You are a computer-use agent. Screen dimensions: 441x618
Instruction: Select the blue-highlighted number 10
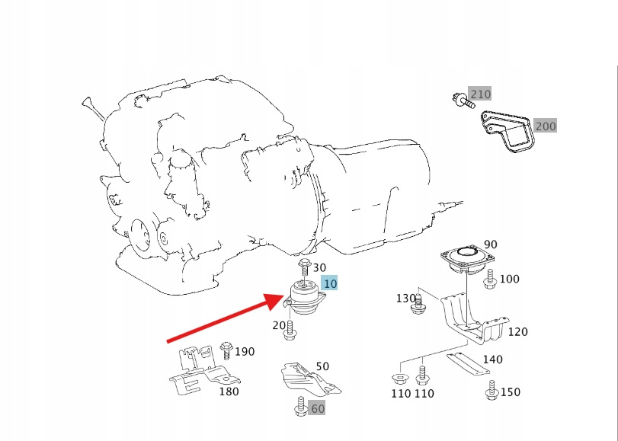tap(329, 283)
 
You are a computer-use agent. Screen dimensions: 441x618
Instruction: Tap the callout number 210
tap(480, 94)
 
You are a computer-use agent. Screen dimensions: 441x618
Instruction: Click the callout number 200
tap(545, 126)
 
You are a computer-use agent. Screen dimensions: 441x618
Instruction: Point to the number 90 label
tap(490, 244)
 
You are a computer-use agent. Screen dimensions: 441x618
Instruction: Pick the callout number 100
tap(508, 279)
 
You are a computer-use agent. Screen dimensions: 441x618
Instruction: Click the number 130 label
tap(406, 298)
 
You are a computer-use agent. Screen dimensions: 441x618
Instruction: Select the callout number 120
tap(517, 331)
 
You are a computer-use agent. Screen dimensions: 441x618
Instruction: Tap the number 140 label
tap(492, 360)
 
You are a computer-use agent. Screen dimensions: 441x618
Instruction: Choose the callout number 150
tap(510, 391)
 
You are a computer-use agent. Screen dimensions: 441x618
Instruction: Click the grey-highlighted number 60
tap(317, 408)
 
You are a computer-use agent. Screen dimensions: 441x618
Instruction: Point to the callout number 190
tap(245, 351)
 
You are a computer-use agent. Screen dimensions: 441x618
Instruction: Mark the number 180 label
tap(229, 391)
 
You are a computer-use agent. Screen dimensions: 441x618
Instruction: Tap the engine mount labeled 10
tap(305, 299)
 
